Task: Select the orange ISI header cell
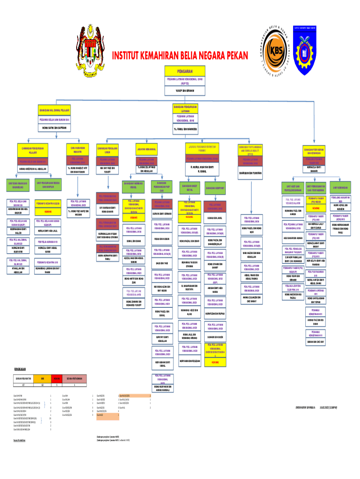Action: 43,378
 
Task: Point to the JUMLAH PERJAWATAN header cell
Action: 23,378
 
